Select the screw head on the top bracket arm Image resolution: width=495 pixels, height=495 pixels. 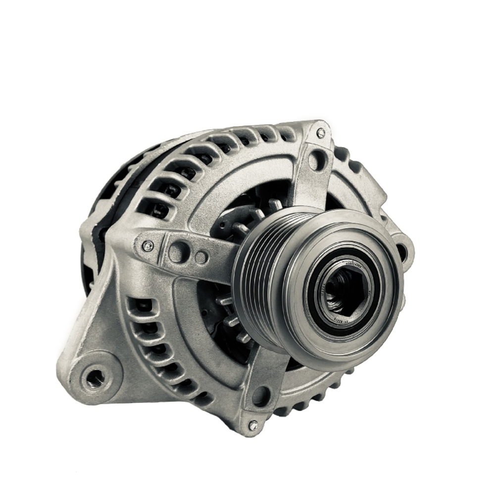321,133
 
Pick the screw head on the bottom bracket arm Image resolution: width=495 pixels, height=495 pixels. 253,424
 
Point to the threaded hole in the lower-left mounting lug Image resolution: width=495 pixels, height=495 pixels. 94,379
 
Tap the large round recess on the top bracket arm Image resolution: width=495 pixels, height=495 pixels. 315,160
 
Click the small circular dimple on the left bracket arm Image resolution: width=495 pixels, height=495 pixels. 200,257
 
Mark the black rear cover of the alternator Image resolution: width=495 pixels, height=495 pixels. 94,208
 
